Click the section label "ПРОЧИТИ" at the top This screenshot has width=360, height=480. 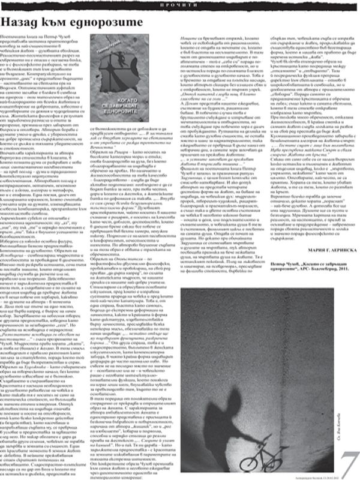point(180,4)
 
